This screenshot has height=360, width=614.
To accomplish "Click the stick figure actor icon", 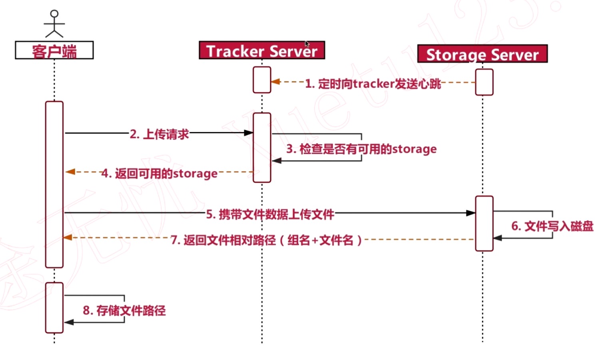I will (54, 24).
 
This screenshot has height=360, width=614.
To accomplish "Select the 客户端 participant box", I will (54, 50).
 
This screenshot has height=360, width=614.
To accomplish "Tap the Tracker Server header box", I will (262, 50).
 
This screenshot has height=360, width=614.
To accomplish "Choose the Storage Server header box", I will (482, 54).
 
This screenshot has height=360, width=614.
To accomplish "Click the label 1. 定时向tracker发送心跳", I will (373, 84).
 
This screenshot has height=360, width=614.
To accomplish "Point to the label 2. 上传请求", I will (159, 134).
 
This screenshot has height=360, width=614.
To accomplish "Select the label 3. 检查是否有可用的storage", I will (361, 149).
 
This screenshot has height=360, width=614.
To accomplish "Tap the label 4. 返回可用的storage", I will (159, 174).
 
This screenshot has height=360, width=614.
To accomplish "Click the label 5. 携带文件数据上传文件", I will (270, 214).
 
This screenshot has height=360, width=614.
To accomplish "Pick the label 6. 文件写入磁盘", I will (552, 226).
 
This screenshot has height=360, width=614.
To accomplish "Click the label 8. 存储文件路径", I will (124, 310).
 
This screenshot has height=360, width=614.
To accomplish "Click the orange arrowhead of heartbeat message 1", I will (275, 82).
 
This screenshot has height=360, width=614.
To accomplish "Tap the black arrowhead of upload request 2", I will (249, 132).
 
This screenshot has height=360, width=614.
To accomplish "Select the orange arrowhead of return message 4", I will (70, 172).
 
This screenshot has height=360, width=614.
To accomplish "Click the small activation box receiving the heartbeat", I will (262, 80).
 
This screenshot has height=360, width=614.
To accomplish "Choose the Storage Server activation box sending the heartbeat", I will (484, 82).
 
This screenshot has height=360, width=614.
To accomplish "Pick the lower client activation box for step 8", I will (54, 308).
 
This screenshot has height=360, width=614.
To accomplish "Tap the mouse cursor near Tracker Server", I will (307, 44).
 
